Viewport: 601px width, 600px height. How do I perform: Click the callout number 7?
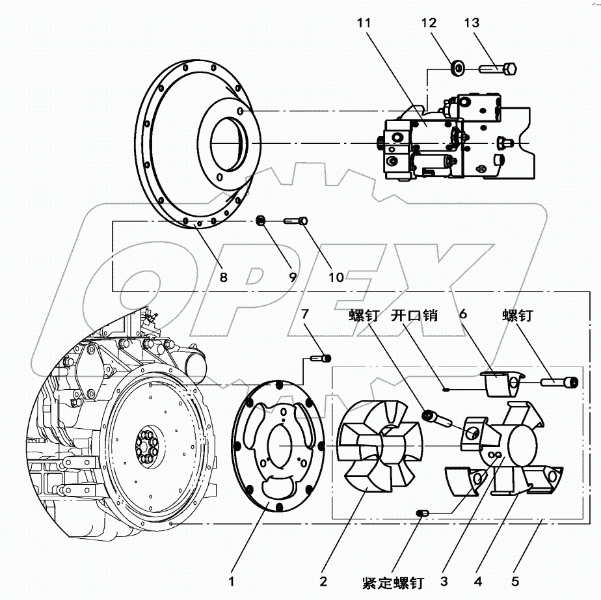[310, 315]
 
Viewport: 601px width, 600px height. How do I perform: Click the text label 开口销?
[414, 316]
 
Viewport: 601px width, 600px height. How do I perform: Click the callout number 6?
[464, 313]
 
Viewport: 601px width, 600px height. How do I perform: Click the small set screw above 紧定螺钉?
[421, 515]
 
